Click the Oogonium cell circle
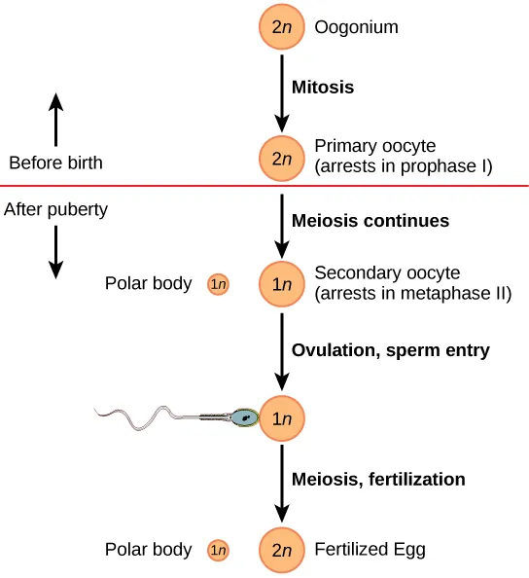coord(282,27)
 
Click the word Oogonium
coord(356,27)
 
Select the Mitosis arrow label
coord(323,87)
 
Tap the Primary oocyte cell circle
coord(282,158)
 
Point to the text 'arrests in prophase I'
coord(404,166)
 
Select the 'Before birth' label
coord(54,163)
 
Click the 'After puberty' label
coord(56,208)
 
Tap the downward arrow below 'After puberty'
coord(55,251)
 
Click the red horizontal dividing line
coord(146,185)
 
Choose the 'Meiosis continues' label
coord(370,221)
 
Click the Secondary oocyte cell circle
coord(282,285)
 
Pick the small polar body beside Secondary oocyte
coord(218,285)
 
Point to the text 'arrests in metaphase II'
coord(413,293)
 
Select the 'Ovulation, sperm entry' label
coord(391,350)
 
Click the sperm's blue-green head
coord(244,417)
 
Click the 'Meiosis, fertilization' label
coord(378,479)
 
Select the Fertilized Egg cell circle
coord(282,551)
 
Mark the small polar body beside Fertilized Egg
coord(218,551)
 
